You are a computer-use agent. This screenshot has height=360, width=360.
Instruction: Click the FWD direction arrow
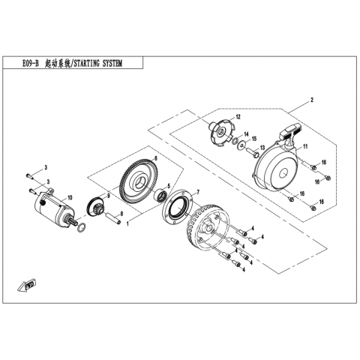[x=27, y=285]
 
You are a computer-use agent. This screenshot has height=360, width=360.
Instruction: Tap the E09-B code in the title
[x=31, y=64]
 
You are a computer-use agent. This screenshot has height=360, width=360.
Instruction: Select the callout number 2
[x=311, y=100]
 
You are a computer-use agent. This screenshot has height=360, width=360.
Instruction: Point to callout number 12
[x=238, y=116]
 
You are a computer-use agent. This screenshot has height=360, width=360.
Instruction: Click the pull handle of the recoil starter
[x=291, y=132]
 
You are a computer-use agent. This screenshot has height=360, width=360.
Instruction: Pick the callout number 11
[x=305, y=146]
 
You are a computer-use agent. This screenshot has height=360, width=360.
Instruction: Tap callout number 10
[x=70, y=198]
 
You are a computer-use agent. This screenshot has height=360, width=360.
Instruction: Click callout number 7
[x=198, y=192]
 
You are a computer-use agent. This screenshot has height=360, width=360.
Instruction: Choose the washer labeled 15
[x=242, y=145]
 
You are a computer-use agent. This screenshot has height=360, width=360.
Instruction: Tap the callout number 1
[x=127, y=223]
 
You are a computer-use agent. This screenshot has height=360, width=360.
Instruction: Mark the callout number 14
[x=246, y=134]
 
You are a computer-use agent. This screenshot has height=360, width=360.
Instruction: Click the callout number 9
[x=109, y=196]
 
